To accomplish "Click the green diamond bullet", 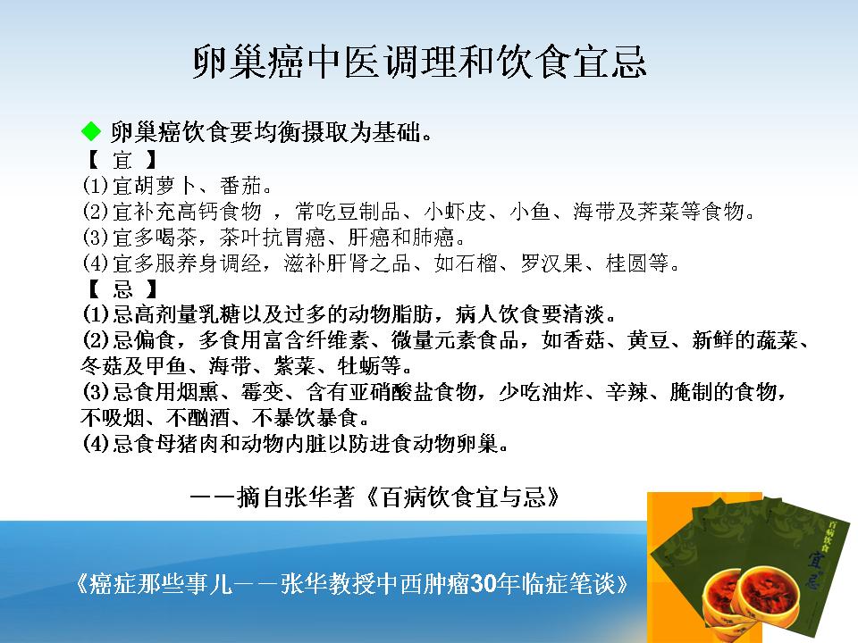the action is point(91,131).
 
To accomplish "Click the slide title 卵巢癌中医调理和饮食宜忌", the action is point(420,62).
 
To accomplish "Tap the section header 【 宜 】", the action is point(122,160).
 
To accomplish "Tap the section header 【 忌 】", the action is point(122,288).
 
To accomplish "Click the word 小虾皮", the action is point(455,211).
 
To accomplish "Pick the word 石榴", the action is point(476,263).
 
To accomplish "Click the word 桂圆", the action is point(627,263).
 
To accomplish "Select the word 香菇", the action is point(584,340).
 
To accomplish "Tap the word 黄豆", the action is point(649,340).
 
